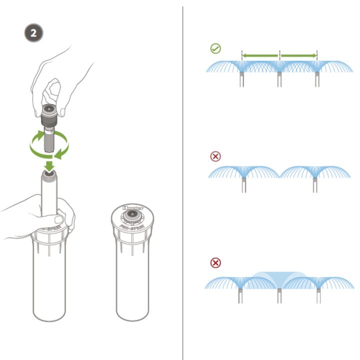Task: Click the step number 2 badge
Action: (x=33, y=33)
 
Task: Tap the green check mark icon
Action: (x=215, y=48)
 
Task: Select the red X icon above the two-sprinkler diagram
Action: (x=215, y=156)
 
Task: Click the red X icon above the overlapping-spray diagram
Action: (x=215, y=262)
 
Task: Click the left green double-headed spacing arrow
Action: (x=260, y=55)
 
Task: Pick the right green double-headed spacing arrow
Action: (x=298, y=55)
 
